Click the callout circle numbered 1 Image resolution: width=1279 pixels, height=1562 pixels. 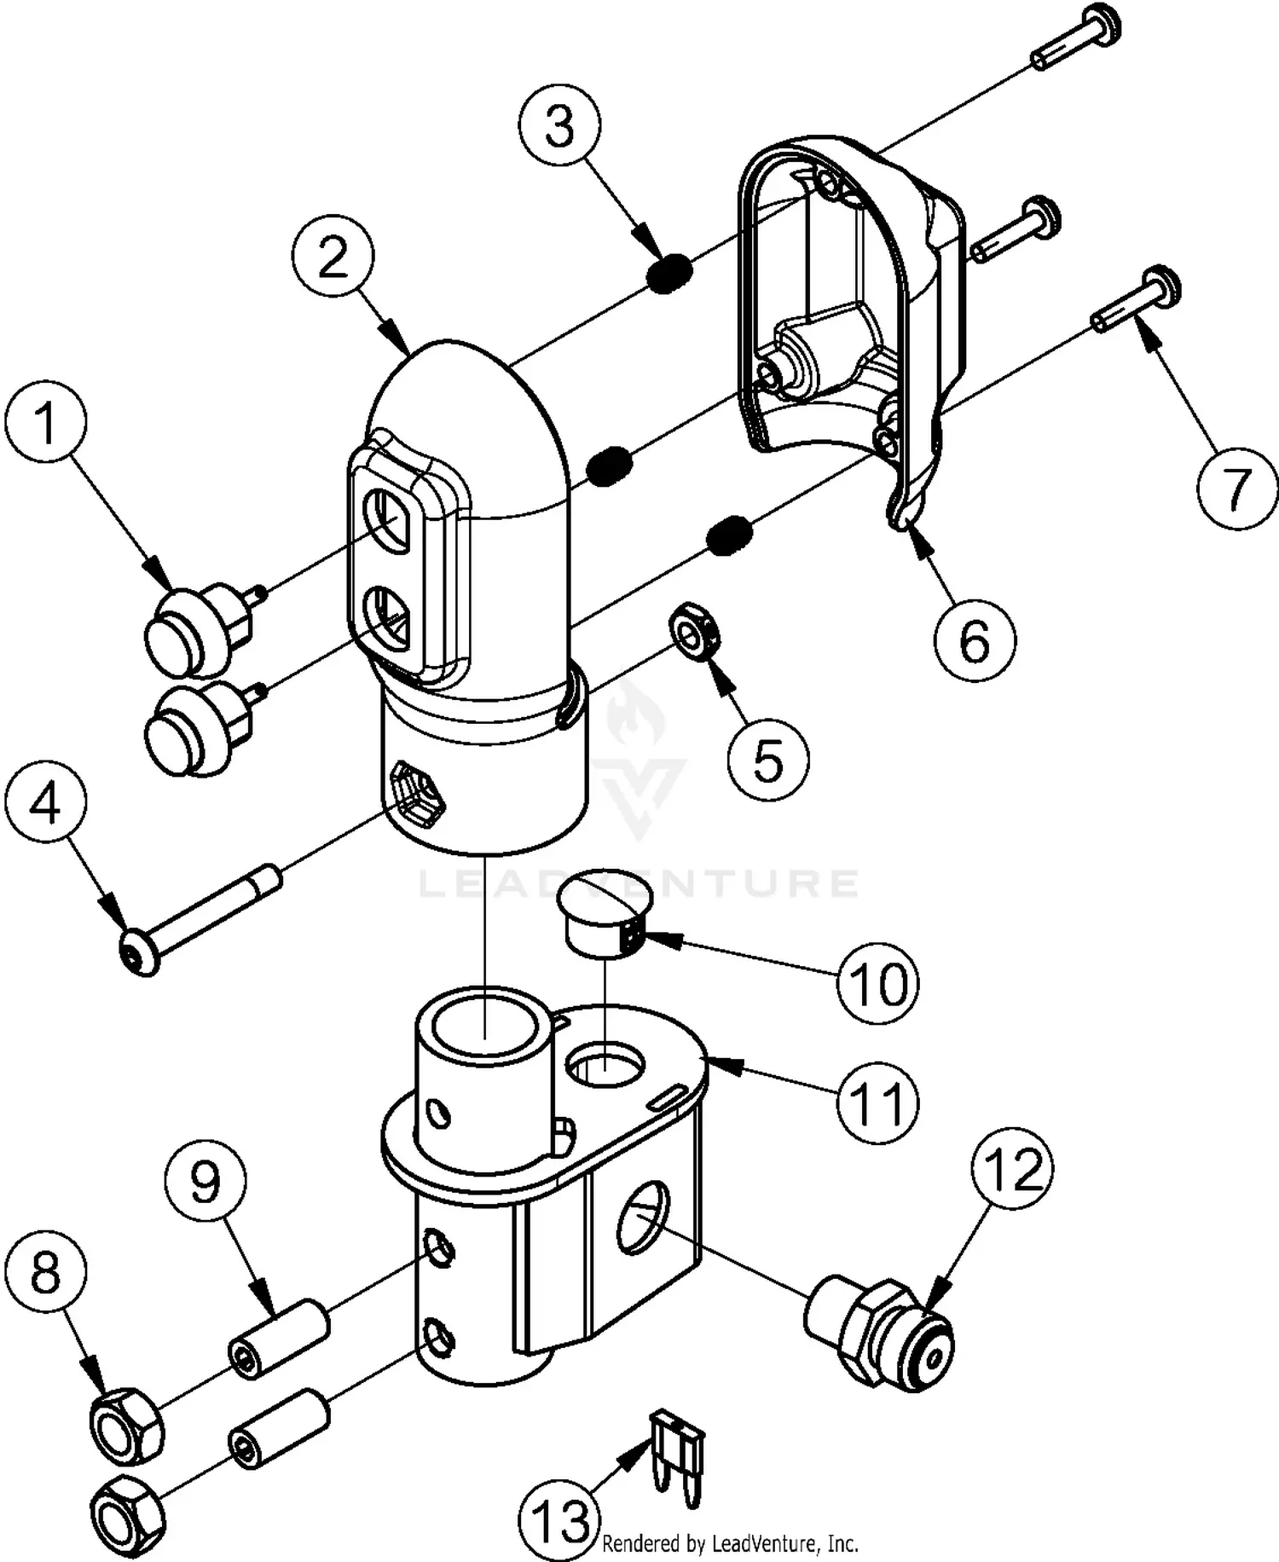tap(46, 424)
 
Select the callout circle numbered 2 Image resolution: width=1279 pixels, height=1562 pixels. tap(333, 256)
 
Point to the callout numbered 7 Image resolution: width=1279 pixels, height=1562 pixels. tap(1236, 489)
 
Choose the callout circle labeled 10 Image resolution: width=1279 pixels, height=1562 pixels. tap(877, 983)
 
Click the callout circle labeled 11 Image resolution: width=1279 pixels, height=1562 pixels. tap(877, 1102)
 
